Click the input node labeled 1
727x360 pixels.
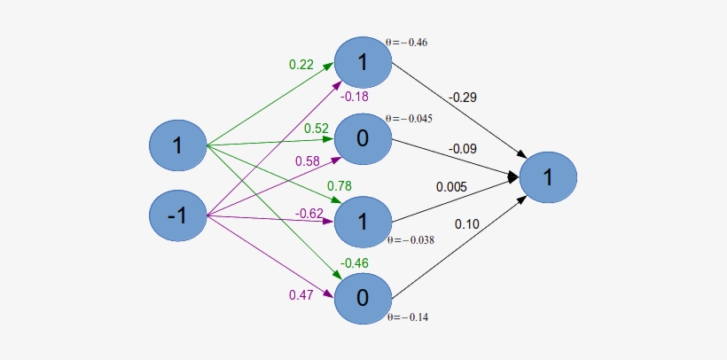point(177,145)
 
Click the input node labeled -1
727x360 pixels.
point(177,215)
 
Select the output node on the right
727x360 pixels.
point(548,177)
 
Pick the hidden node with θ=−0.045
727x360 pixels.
point(362,139)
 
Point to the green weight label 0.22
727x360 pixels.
point(302,65)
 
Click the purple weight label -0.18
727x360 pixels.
point(354,97)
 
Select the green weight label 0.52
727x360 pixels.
point(317,129)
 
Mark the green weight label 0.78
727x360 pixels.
point(340,186)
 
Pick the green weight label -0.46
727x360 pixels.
point(354,262)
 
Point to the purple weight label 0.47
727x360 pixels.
point(302,294)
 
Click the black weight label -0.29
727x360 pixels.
point(463,96)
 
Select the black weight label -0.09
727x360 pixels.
point(463,149)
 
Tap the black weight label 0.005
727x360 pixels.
point(452,187)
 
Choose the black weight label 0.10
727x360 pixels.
point(467,224)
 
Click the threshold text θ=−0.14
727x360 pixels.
point(408,317)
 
